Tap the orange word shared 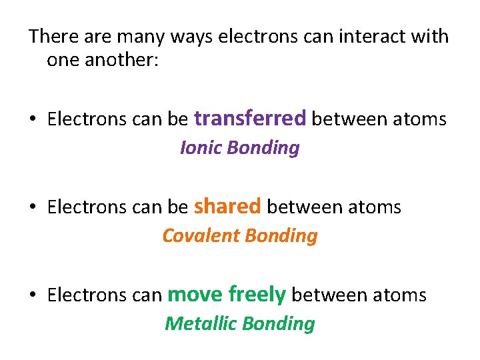coord(227,207)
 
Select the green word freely coord(257,294)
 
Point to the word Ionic coord(201,147)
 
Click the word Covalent coord(201,235)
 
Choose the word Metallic coord(201,323)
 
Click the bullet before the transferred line coord(33,120)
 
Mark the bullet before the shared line coord(33,208)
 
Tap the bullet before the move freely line coord(33,295)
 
